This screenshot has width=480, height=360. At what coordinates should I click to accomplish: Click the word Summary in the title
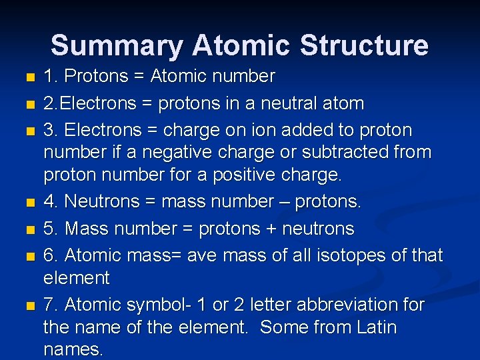point(117,46)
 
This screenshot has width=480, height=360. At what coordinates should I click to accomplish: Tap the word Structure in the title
point(364,46)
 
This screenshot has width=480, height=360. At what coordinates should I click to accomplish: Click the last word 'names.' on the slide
point(73,351)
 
